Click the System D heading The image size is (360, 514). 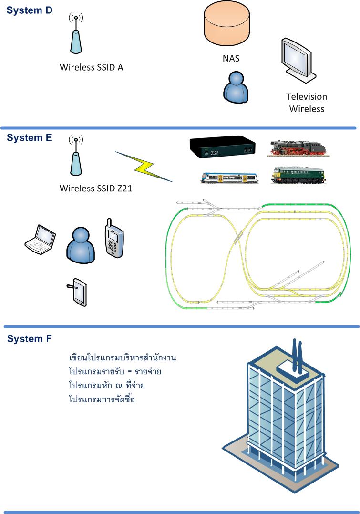coord(29,10)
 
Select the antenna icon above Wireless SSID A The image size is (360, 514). coord(76,33)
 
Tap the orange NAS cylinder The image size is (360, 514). coord(226,23)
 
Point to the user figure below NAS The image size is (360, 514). coord(236,88)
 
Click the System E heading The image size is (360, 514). coord(29,137)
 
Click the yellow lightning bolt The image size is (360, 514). coord(144,167)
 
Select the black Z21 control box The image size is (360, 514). coord(222,147)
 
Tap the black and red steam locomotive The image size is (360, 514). coord(298,148)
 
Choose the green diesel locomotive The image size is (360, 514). coord(298,175)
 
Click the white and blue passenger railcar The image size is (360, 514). coord(230,178)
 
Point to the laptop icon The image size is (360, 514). coord(40,239)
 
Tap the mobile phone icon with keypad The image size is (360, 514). coord(114,238)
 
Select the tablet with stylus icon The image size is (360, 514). coord(77,292)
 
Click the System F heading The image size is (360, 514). coord(30,339)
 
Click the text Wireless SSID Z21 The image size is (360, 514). coord(96,189)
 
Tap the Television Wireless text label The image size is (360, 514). coord(307,103)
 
